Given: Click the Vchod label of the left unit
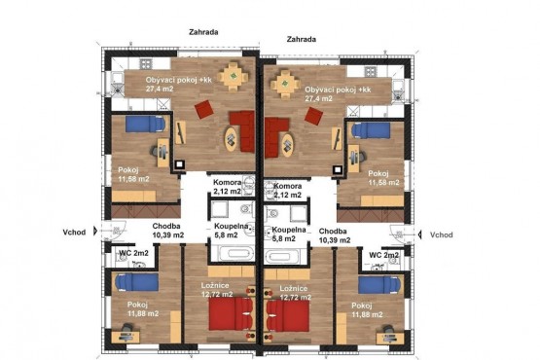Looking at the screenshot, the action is coord(74,233).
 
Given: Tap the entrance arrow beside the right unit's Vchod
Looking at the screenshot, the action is coord(419,234).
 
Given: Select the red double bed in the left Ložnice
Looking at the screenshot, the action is coord(231,313).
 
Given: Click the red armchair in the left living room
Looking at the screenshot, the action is coord(204,109).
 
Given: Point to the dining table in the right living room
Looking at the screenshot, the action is coord(285,84).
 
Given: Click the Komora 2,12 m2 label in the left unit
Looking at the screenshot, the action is coord(228,187).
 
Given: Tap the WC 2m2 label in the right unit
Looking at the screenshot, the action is coord(383,255).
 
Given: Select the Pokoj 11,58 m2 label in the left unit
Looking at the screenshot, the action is coord(133,174).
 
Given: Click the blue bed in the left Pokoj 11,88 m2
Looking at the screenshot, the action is coord(137,282).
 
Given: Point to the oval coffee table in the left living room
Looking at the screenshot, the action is coord(231,139).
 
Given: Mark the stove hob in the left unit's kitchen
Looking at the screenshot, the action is coord(145,64).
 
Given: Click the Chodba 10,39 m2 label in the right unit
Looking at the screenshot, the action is coord(335,235).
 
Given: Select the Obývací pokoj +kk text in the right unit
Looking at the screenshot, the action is coord(338,90).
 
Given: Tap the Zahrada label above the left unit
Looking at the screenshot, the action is coord(203,32).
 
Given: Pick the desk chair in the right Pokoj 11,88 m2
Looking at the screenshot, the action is coord(389,329).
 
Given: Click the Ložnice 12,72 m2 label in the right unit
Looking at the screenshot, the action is coord(295,293).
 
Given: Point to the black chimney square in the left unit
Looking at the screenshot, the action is coord(179,164).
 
